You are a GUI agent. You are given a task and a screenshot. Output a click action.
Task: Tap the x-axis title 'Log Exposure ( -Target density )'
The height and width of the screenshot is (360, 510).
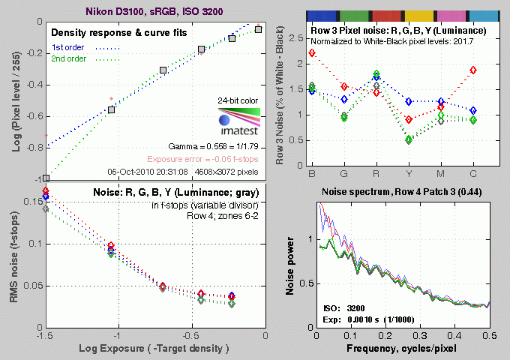154,349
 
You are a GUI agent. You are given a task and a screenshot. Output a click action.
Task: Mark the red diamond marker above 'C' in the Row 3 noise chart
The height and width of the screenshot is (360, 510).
474,70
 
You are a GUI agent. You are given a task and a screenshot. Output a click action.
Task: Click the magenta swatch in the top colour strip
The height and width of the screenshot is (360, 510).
451,15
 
